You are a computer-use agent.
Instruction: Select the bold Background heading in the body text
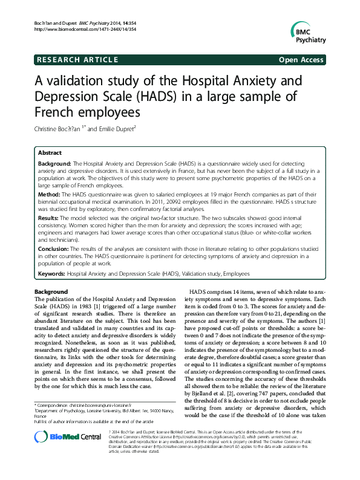pyautogui.click(x=51, y=291)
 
